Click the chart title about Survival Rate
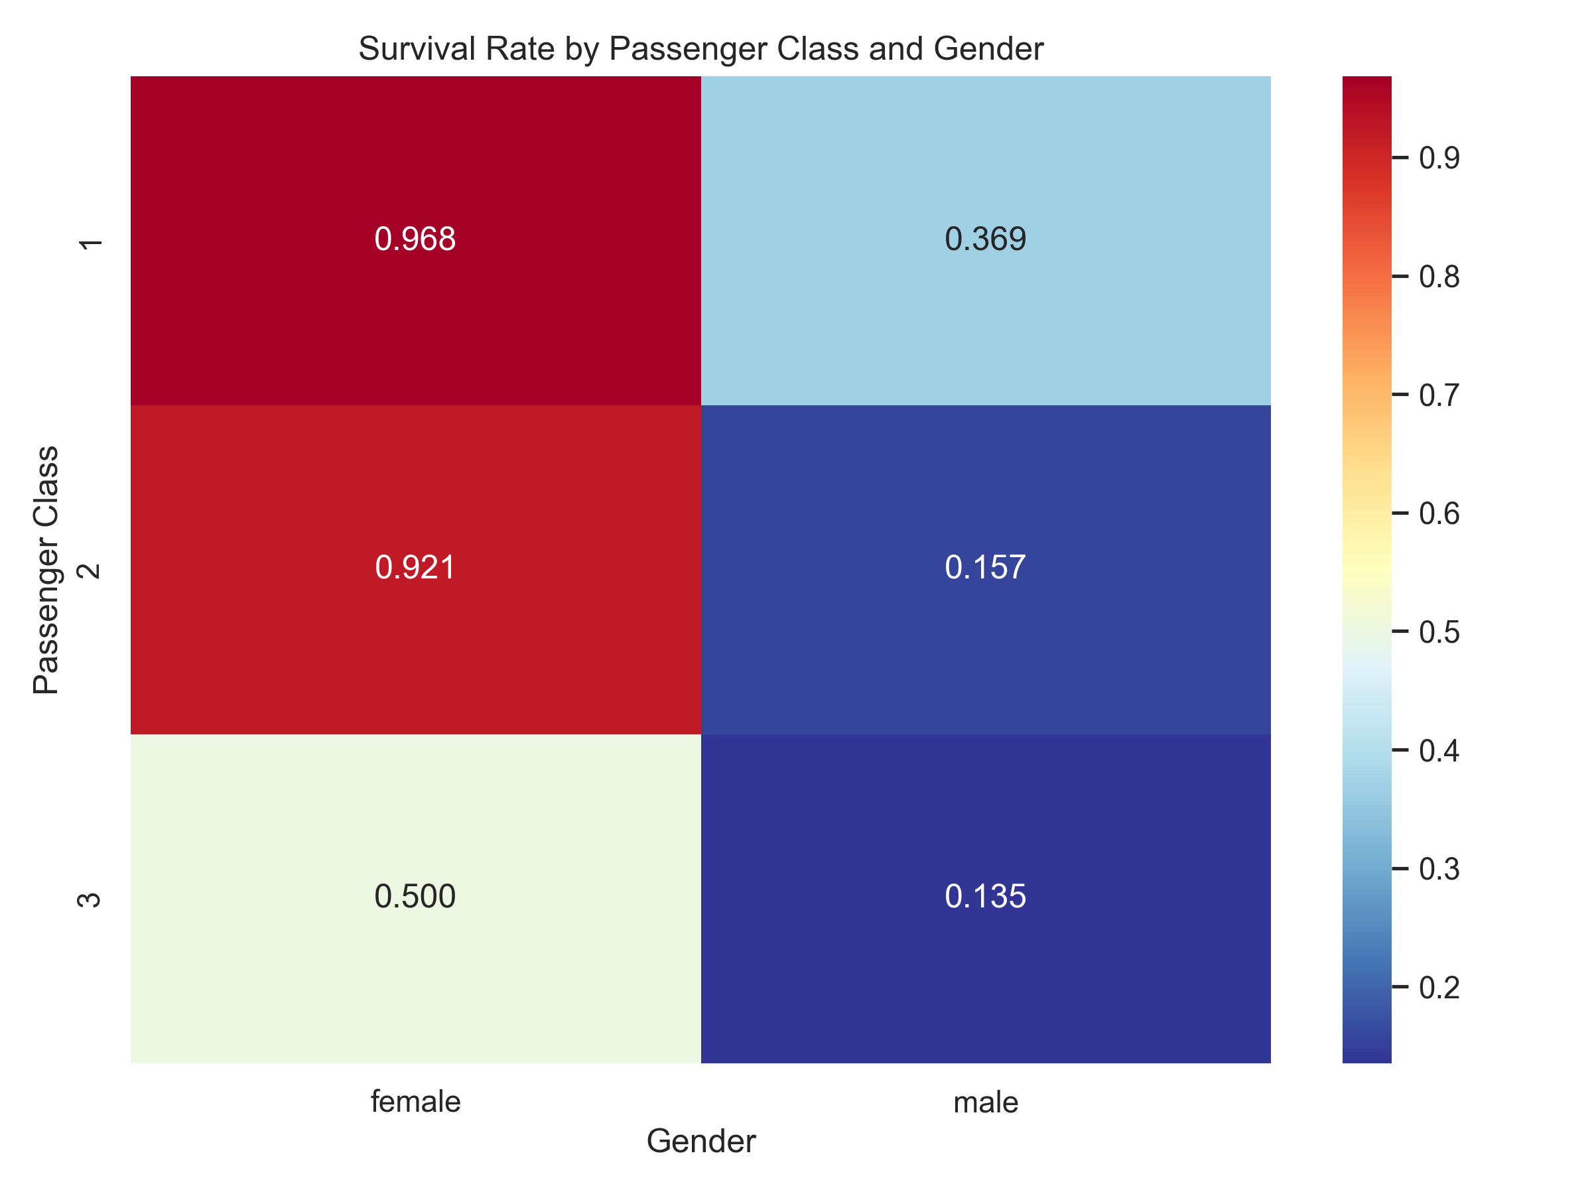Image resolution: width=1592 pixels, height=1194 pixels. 700,49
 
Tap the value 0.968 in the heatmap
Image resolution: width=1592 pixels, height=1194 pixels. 415,239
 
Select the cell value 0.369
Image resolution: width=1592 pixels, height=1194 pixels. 985,239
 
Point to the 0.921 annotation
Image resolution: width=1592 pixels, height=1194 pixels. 415,568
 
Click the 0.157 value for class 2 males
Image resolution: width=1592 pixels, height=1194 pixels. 985,568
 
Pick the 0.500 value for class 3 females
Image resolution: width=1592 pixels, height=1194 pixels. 415,897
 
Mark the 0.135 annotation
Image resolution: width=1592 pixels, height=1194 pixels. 985,897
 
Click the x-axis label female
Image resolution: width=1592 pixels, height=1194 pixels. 415,1102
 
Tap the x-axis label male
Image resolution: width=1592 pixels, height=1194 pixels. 985,1102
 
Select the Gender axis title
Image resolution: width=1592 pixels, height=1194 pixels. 700,1142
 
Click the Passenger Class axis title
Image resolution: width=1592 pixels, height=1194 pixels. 46,570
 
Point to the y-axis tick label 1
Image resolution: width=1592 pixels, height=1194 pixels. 91,245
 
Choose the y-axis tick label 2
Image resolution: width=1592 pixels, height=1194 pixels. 90,571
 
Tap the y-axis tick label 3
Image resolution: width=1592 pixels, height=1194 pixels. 90,899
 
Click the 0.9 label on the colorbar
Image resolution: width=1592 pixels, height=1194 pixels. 1439,158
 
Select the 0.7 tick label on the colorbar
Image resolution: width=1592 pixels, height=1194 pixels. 1439,395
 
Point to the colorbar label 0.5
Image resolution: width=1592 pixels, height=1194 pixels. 1439,632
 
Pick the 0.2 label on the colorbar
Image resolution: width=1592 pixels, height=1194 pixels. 1439,988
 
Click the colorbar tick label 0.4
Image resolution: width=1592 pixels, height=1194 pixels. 1439,751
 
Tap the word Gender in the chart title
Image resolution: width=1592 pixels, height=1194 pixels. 988,49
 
